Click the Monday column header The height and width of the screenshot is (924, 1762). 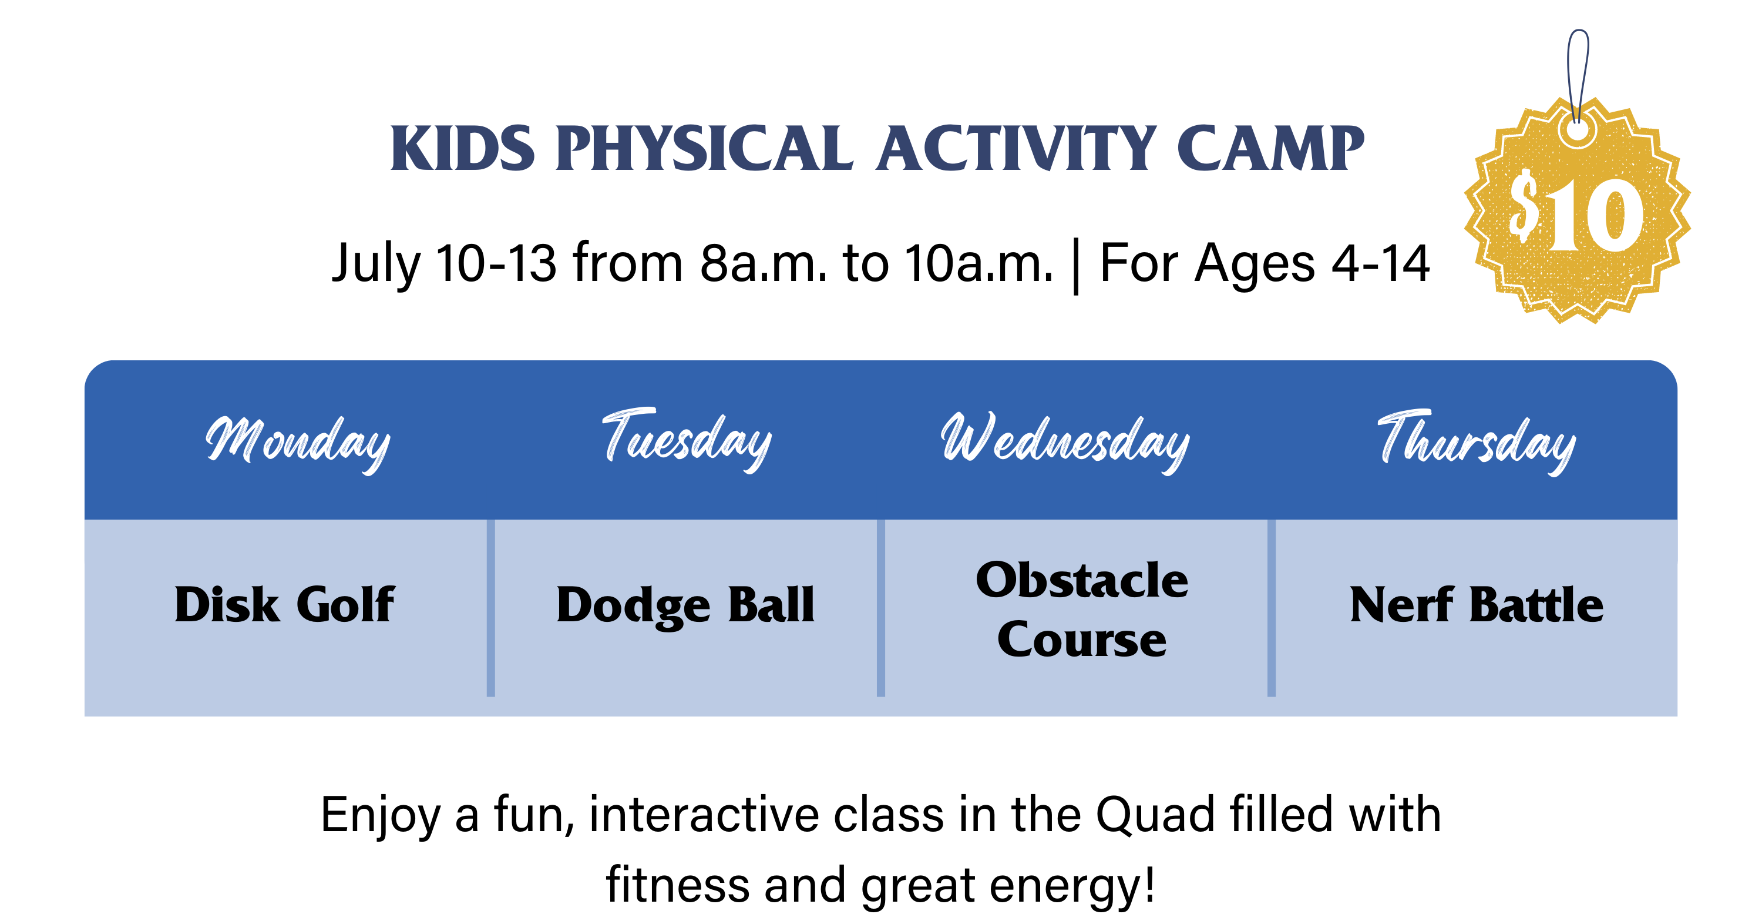[298, 442]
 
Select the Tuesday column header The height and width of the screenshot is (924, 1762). [687, 440]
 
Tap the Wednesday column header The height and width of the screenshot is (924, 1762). [1065, 442]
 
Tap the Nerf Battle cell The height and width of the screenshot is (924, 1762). [1477, 605]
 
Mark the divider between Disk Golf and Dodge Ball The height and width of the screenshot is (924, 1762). [490, 608]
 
